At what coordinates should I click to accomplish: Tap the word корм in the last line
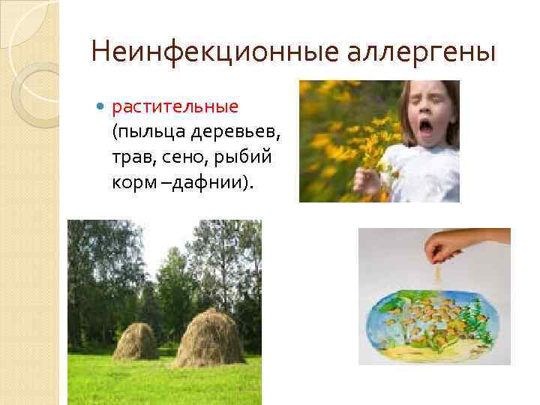click(x=130, y=184)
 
